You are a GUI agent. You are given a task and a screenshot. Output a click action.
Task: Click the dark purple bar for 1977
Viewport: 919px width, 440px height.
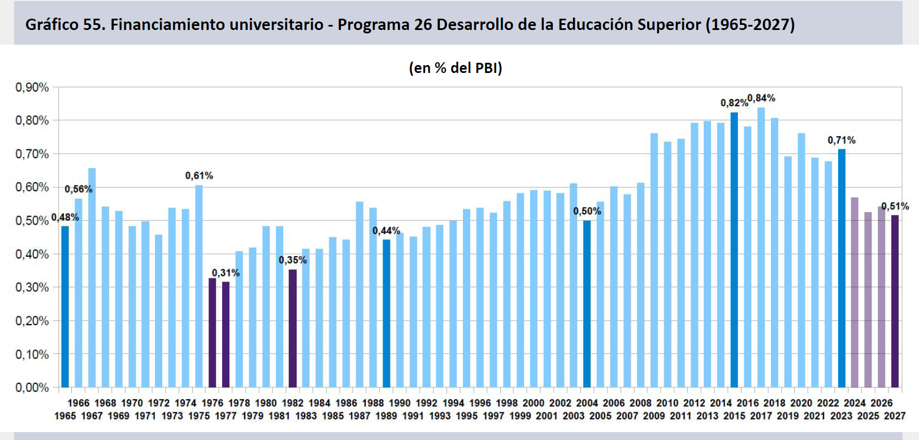[x=226, y=334]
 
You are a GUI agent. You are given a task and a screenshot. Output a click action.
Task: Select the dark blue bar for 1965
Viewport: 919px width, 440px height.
[x=65, y=307]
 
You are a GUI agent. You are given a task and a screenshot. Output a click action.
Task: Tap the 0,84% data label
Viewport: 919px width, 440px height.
[x=761, y=98]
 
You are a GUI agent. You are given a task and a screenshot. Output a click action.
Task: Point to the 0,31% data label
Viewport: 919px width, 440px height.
[x=226, y=273]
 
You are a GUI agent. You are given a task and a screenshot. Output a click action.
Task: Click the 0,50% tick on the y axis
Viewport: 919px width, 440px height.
[x=32, y=221]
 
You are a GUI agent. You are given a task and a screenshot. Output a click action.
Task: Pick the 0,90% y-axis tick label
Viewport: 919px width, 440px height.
[x=32, y=88]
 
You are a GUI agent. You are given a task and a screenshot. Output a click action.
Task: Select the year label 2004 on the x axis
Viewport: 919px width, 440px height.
[x=587, y=403]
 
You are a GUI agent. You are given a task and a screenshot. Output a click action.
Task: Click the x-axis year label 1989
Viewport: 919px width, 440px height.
[x=386, y=416]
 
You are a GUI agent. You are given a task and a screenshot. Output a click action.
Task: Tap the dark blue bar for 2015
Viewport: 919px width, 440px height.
[x=734, y=250]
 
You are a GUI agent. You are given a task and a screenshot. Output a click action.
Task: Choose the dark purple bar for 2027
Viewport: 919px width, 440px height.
[x=895, y=301]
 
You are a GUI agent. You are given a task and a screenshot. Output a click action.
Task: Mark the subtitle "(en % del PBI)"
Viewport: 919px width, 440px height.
[x=456, y=68]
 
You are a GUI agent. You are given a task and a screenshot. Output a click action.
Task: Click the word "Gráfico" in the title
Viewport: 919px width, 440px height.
[x=51, y=25]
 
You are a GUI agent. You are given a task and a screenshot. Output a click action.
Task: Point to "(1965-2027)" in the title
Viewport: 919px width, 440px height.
[x=751, y=25]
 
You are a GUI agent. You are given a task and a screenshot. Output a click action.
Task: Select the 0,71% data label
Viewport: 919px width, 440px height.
[x=842, y=140]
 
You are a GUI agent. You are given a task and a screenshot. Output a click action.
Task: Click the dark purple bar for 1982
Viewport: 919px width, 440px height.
[x=293, y=329]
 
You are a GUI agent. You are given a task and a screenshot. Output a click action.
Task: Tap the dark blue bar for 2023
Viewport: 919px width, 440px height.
[x=842, y=269]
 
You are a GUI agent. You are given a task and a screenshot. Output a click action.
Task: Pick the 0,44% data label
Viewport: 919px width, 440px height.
[x=386, y=231]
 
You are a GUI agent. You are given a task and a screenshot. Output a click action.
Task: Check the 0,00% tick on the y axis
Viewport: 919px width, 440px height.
[x=32, y=387]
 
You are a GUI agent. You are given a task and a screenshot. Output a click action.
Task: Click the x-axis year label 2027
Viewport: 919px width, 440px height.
[x=895, y=416]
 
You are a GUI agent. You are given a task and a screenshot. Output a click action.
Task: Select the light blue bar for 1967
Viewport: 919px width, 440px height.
[x=92, y=278]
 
